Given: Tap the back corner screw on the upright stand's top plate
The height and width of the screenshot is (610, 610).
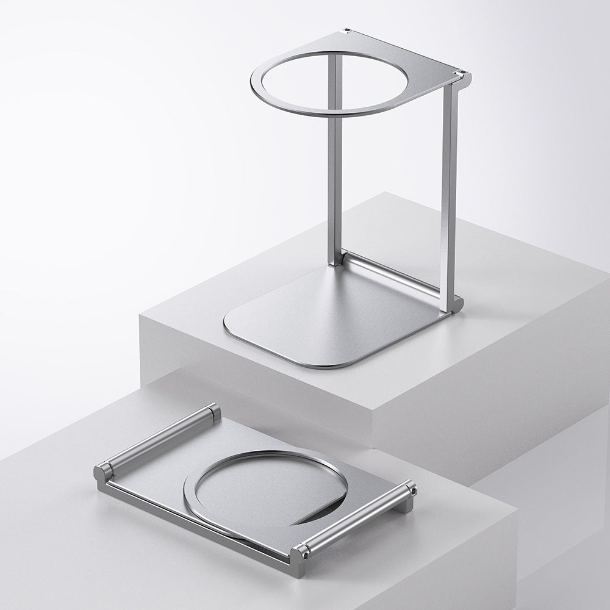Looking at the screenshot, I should tap(346, 30).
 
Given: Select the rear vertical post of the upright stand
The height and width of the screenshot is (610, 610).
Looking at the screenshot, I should tap(334, 159).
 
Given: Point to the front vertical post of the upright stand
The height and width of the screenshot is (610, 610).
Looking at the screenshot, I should tap(450, 195).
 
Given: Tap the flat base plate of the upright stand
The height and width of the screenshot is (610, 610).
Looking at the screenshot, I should tap(342, 323).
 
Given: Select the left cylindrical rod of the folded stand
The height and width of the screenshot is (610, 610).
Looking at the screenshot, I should tap(159, 438).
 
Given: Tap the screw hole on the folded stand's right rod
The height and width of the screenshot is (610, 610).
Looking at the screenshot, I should tap(413, 489).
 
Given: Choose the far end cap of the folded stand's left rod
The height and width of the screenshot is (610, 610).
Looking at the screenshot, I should tap(214, 412).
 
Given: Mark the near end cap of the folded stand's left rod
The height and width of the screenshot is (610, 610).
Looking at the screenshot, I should tap(103, 471).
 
